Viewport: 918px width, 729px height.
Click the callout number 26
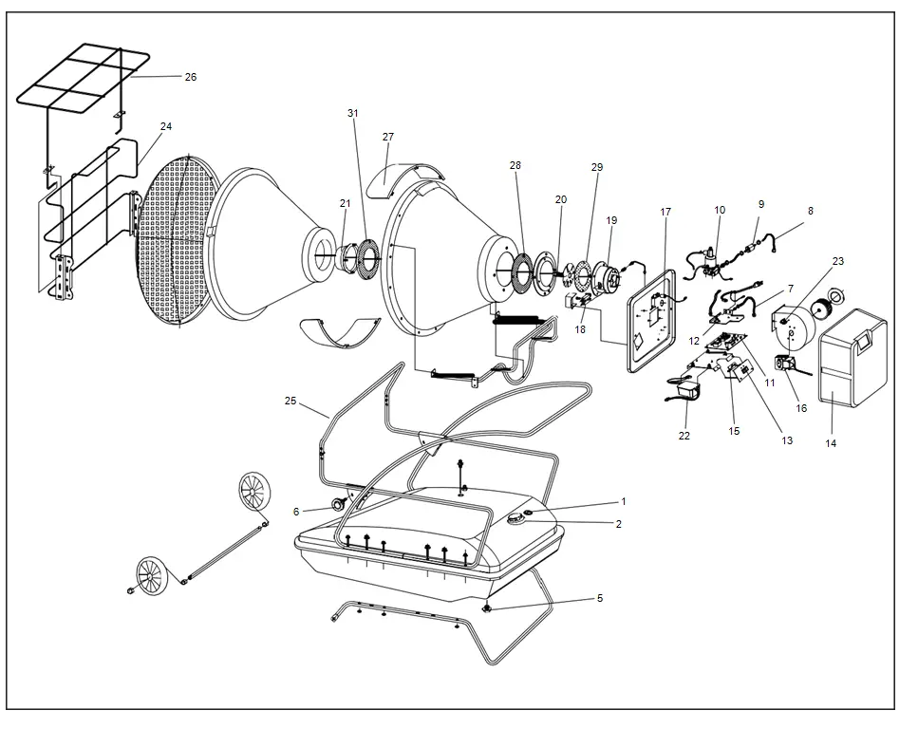coord(190,77)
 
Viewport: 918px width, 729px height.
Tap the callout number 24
coord(166,126)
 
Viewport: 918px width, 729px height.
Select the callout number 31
coord(353,113)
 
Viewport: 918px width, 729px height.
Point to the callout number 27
coord(387,137)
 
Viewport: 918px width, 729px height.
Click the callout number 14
coord(831,443)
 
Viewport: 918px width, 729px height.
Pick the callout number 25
coord(290,401)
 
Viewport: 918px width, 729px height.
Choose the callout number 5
coord(599,598)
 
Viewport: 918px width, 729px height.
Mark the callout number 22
coord(684,436)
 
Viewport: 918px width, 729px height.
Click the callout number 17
coord(665,212)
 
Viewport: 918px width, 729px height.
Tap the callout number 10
coord(720,210)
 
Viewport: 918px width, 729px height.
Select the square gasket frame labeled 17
coord(654,322)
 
